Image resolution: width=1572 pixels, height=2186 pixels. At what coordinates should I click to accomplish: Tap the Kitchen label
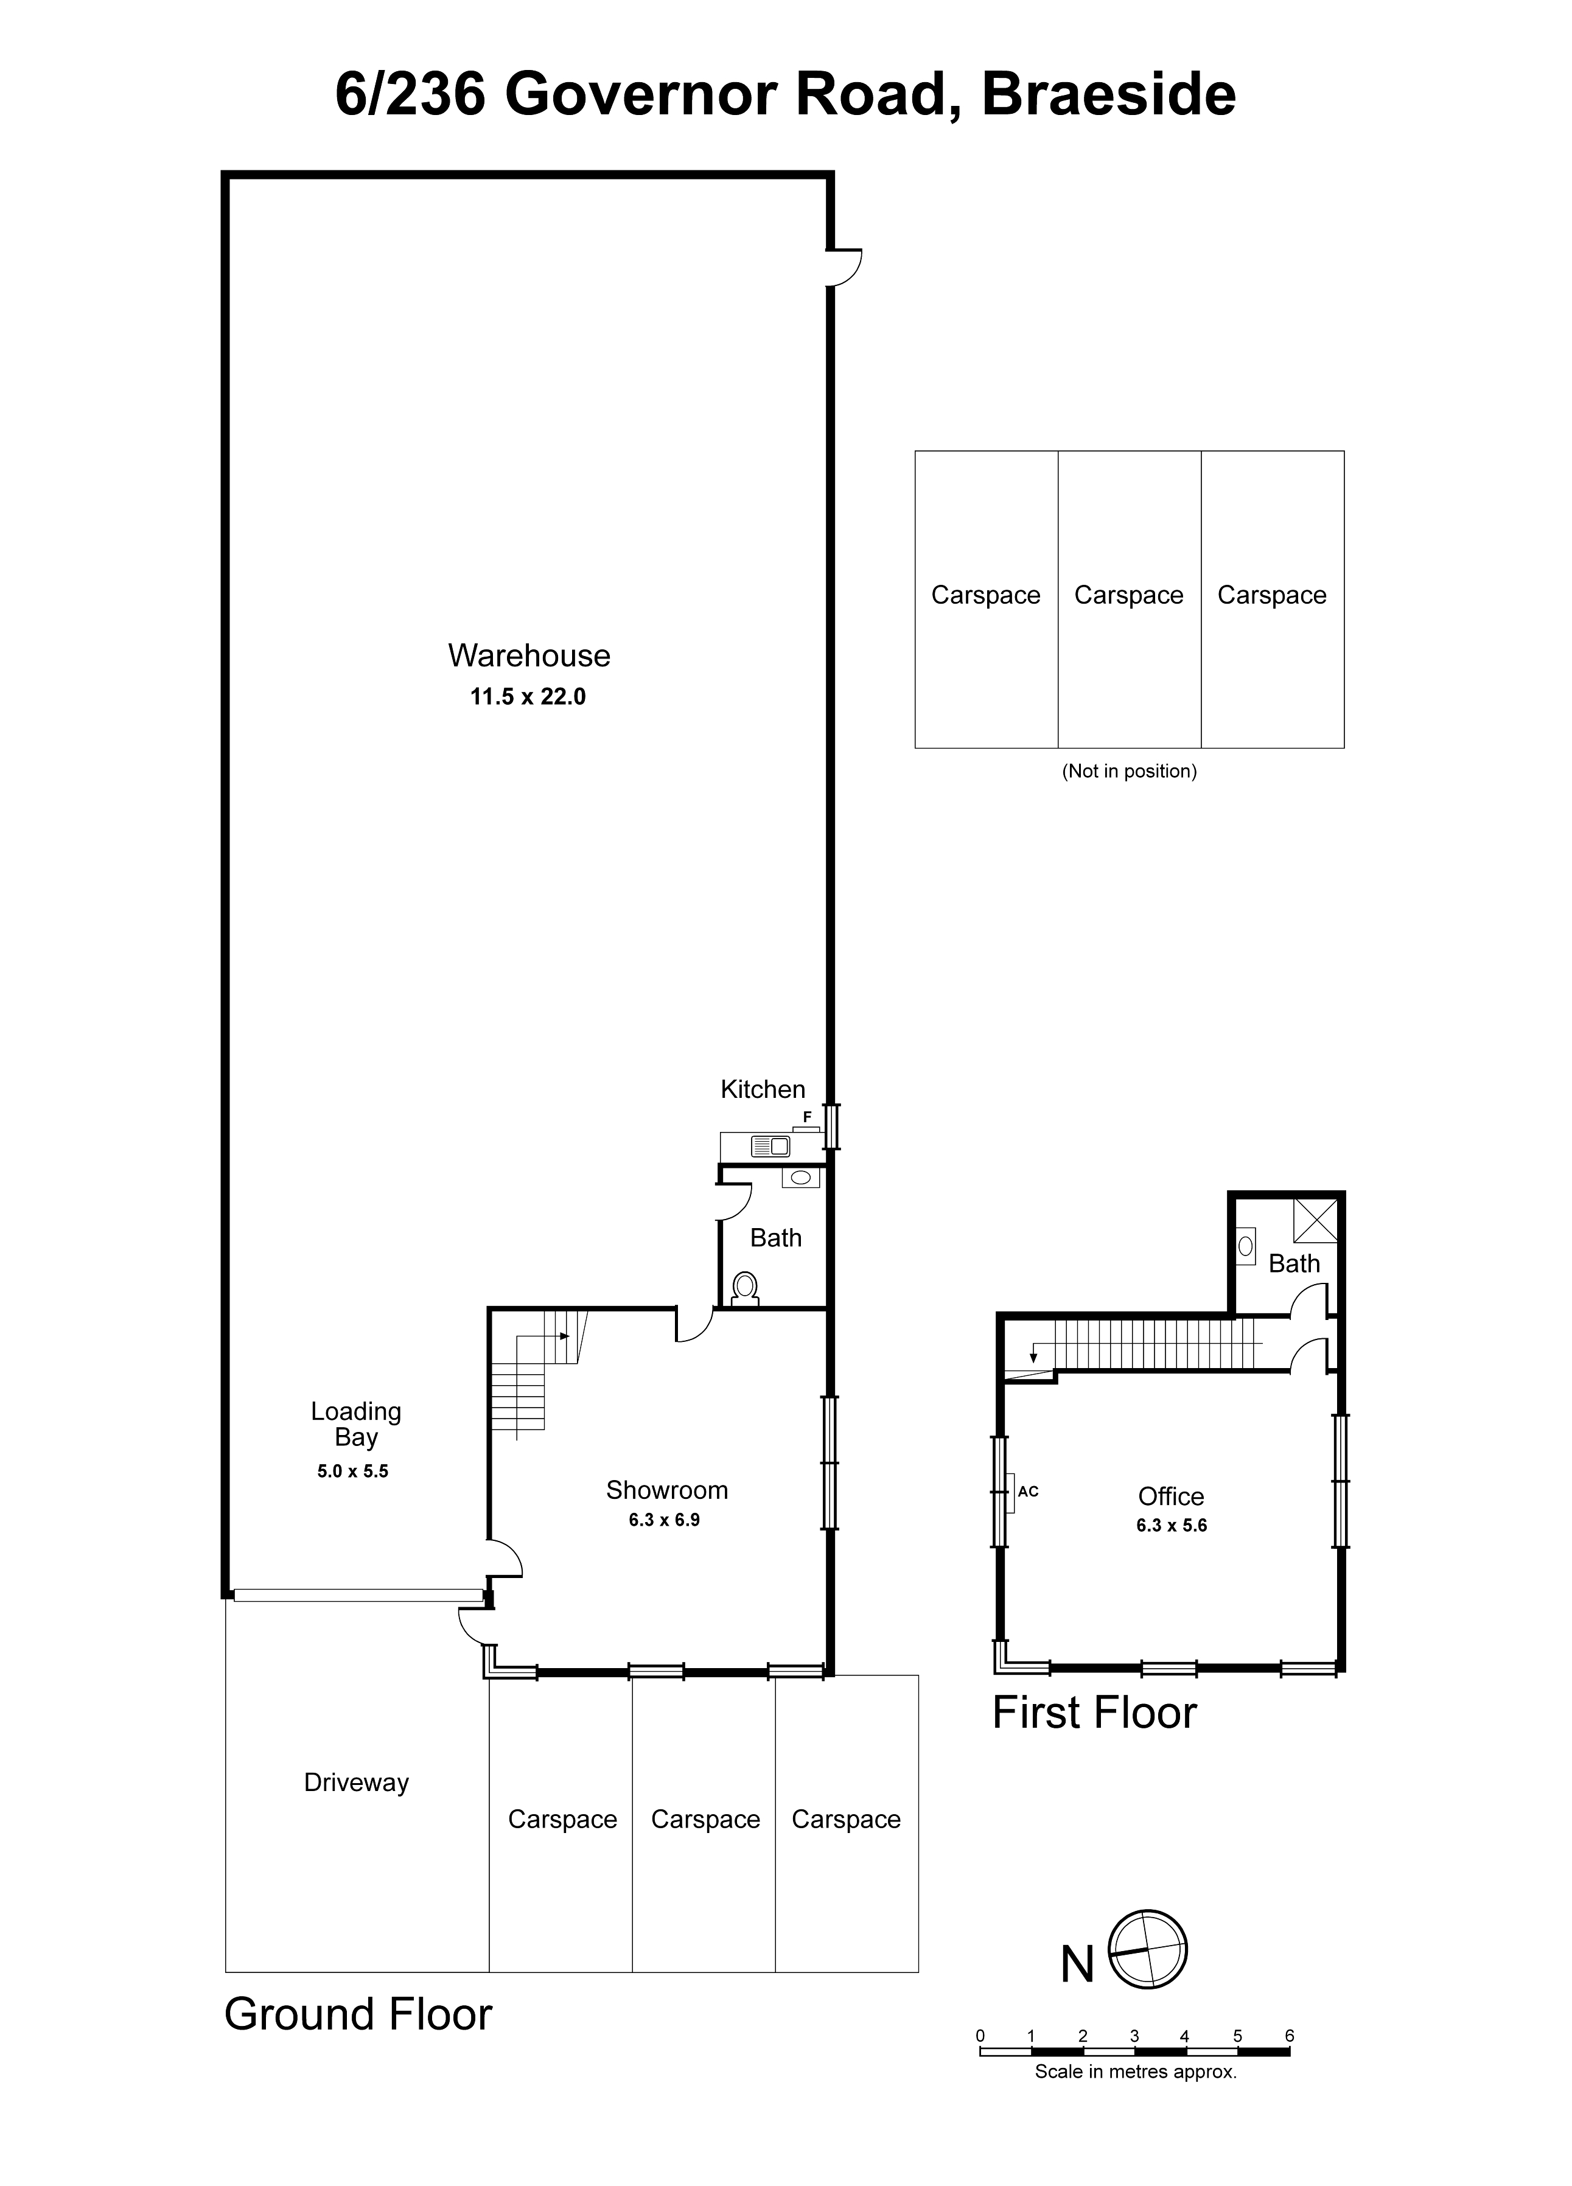tap(763, 1089)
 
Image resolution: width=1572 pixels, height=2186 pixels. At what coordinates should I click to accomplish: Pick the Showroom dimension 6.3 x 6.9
tap(664, 1520)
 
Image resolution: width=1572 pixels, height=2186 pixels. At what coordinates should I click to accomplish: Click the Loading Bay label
tap(355, 1425)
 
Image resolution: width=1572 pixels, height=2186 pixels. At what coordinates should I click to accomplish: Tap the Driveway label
tap(355, 1782)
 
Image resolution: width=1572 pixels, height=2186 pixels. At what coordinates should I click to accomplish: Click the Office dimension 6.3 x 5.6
tap(1171, 1525)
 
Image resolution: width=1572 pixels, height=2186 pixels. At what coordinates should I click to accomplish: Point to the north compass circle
tap(1147, 1948)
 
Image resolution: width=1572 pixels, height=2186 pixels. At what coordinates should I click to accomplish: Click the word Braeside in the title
tap(1108, 94)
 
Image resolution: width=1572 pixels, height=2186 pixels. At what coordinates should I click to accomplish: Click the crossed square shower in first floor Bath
tap(1315, 1220)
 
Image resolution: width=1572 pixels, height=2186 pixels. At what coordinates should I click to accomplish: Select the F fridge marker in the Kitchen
tap(807, 1117)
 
